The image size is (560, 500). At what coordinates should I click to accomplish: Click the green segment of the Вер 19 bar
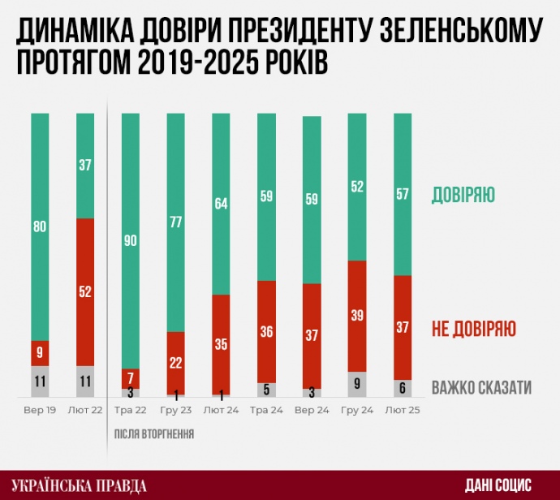(x=40, y=226)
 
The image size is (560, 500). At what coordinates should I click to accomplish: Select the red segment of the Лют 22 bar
(x=85, y=292)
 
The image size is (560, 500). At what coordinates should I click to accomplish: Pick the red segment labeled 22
(x=176, y=363)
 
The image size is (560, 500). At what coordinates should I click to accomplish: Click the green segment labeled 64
(x=222, y=204)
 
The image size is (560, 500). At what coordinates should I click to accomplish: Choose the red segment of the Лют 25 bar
(x=403, y=327)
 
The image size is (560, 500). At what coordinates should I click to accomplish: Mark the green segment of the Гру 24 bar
(x=357, y=187)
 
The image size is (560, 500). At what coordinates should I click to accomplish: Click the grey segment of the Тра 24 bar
(x=267, y=389)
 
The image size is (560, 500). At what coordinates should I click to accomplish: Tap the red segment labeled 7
(x=131, y=378)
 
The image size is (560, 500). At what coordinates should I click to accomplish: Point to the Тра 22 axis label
(x=130, y=412)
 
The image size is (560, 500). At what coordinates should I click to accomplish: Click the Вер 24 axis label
(x=312, y=412)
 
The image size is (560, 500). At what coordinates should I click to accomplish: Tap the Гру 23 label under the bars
(x=175, y=412)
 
